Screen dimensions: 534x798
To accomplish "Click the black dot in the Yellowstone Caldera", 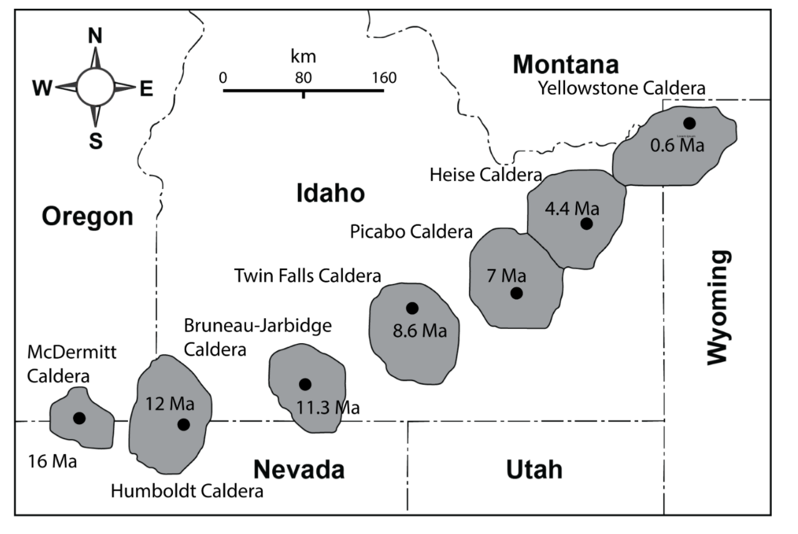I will point(689,123).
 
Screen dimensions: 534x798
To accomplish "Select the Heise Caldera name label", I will point(485,175).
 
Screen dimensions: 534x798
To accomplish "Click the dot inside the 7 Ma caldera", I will point(516,293).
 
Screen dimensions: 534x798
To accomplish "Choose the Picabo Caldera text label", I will point(411,233).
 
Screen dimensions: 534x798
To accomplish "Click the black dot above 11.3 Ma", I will point(305,384).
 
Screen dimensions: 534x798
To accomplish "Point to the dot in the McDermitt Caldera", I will point(79,418).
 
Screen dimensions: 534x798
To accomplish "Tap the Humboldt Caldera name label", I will point(187,492).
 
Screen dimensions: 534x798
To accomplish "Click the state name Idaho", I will point(330,193).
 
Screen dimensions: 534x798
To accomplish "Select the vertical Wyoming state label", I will point(718,307).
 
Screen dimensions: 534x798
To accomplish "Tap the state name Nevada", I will point(298,469).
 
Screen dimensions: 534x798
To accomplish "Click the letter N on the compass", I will point(95,36).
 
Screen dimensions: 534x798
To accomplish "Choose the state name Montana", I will point(566,64).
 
